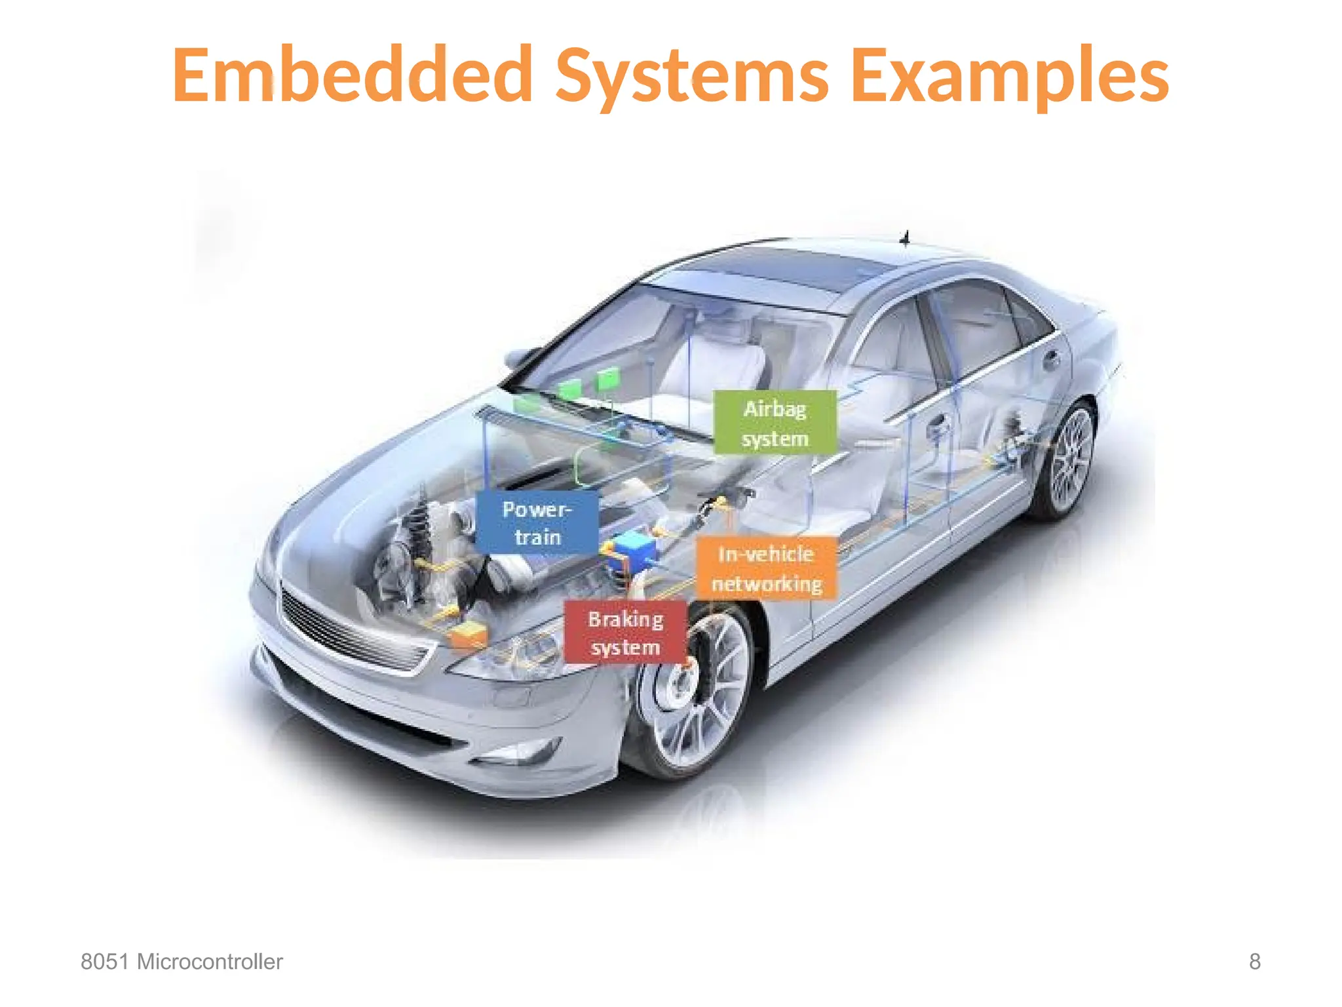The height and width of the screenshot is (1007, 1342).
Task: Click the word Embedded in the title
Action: (352, 75)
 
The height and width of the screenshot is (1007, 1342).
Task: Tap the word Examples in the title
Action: (1010, 75)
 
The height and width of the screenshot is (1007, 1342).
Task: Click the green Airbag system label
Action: (775, 423)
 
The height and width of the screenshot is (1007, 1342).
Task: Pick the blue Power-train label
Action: (537, 523)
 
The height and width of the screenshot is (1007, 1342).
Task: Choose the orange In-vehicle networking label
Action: (766, 568)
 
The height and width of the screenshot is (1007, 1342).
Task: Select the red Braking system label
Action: (625, 633)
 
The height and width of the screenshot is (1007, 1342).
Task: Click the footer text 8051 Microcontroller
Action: (182, 962)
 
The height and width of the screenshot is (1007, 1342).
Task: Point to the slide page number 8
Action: (1254, 962)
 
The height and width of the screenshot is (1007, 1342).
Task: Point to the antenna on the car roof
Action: (906, 237)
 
